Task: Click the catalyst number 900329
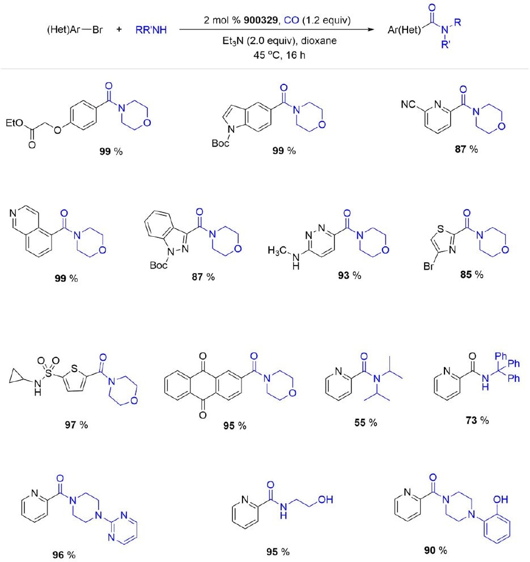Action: click(261, 20)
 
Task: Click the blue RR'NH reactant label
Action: click(151, 30)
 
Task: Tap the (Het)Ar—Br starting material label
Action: click(75, 30)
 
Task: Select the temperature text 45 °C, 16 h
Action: click(279, 55)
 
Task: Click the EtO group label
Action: click(14, 124)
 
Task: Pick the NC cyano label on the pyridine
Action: click(408, 104)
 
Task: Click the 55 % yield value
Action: click(366, 423)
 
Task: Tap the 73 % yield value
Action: click(477, 420)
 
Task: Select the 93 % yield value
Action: click(350, 275)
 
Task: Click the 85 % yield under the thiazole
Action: click(472, 275)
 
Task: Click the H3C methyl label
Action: click(277, 250)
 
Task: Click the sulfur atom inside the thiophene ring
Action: click(74, 368)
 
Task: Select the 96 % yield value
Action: click(64, 555)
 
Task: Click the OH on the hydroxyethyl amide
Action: click(325, 499)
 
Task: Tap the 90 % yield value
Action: click(436, 550)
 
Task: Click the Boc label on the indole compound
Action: click(221, 143)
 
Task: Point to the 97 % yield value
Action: click(77, 425)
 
